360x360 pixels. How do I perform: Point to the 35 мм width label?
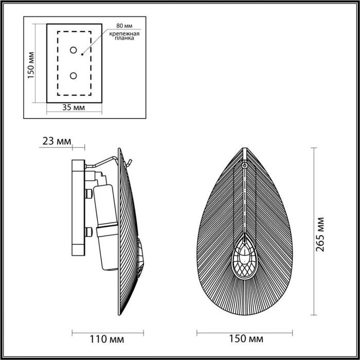(74, 107)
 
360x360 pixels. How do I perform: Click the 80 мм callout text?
(124, 25)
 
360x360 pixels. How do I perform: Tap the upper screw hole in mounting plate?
(74, 50)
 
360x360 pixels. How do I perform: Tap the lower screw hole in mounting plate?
(74, 76)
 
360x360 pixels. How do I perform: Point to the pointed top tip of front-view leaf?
(245, 149)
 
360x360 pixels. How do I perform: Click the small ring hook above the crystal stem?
(245, 166)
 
